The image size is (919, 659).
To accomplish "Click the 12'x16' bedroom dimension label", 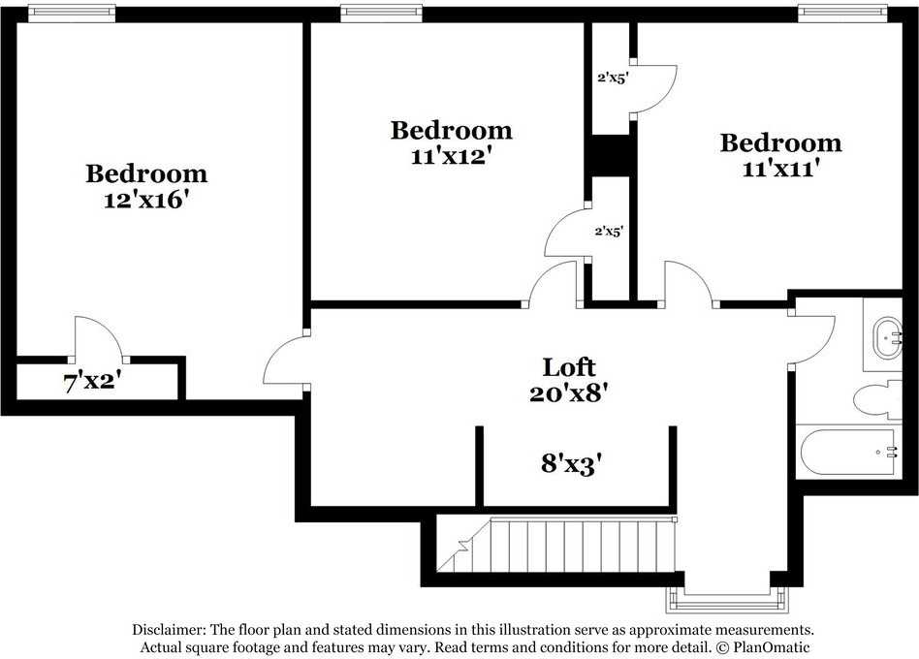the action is click(146, 200).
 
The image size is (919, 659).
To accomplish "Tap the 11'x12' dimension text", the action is click(450, 156).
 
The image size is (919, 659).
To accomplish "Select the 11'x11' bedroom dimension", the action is click(780, 169).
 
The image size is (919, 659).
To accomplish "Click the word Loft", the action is click(568, 367).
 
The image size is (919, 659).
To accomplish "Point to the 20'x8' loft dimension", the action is click(567, 393).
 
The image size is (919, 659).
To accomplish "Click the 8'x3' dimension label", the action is click(571, 464).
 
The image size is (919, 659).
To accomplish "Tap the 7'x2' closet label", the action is click(92, 382).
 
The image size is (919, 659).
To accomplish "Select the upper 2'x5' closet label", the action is click(613, 77).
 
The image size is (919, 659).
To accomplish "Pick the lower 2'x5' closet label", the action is click(609, 231).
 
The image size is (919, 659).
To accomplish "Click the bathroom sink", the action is click(887, 337).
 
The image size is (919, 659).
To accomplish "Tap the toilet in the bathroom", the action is click(877, 399).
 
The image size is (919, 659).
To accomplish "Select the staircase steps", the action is click(556, 545).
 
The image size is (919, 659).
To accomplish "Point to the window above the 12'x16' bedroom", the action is click(72, 14).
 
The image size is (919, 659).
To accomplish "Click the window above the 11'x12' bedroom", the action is click(381, 14).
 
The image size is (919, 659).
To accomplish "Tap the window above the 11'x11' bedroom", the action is click(843, 14).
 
